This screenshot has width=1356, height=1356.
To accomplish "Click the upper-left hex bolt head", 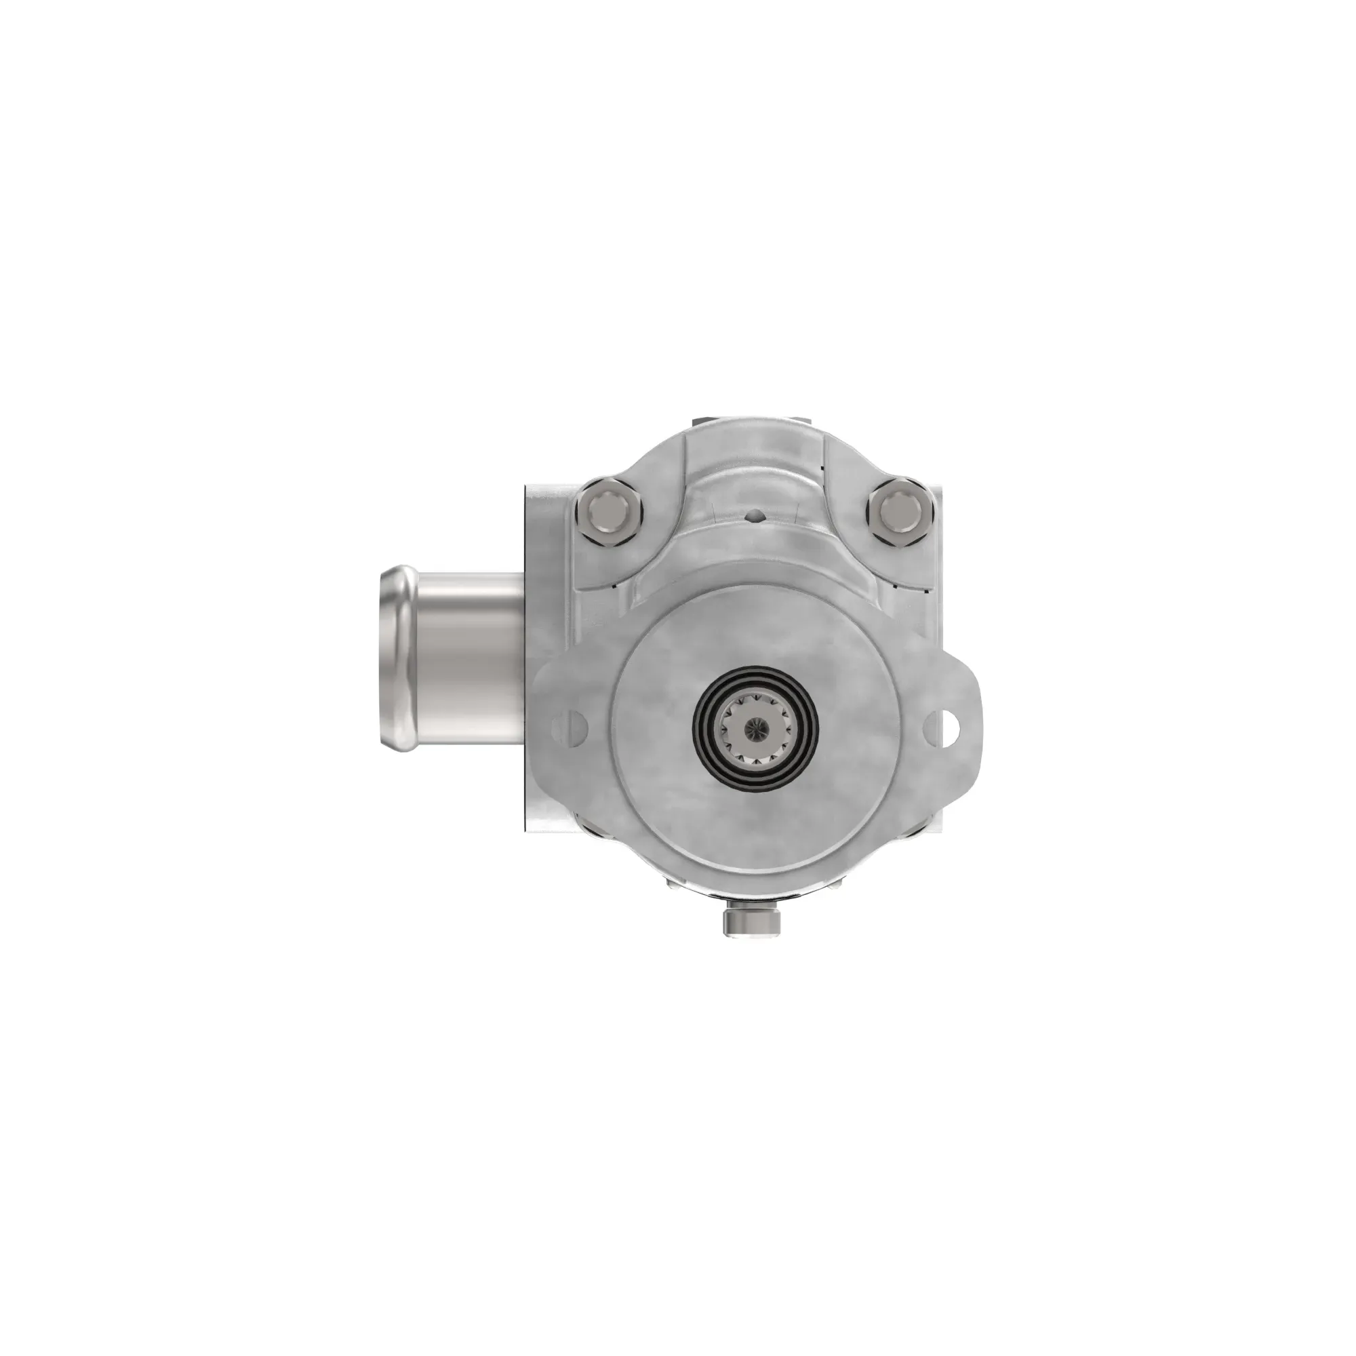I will coord(606,511).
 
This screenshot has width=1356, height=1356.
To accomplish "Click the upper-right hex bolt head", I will coord(900,510).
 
